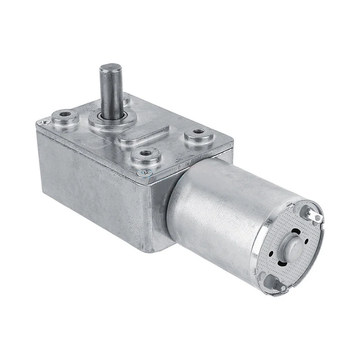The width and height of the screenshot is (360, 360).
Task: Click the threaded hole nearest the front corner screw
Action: click(x=145, y=154)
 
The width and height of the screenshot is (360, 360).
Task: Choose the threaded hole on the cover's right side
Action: click(x=197, y=132)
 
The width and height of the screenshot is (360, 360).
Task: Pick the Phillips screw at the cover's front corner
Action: click(x=146, y=171)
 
